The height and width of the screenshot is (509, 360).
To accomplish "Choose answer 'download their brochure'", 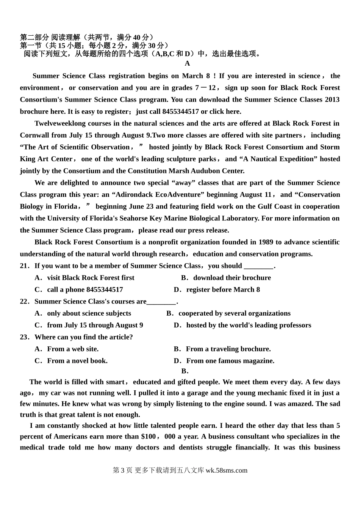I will (x=232, y=278).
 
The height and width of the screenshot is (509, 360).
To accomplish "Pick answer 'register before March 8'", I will (x=223, y=289).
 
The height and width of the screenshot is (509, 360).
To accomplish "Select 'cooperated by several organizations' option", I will (x=234, y=313).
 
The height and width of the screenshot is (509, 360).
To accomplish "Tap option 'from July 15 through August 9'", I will (x=95, y=325).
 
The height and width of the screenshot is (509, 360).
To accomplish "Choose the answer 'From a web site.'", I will (x=72, y=349).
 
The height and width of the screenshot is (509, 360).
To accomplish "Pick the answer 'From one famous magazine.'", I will (x=230, y=361).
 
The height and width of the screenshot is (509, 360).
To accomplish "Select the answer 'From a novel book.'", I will (x=77, y=361).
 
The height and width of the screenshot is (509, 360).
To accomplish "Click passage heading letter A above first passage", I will (x=187, y=64).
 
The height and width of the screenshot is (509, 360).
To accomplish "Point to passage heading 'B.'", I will (x=185, y=371).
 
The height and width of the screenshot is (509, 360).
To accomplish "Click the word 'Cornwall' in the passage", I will (x=34, y=135).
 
